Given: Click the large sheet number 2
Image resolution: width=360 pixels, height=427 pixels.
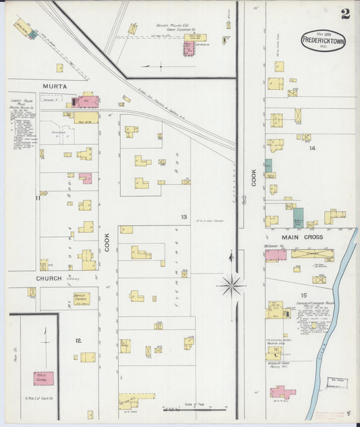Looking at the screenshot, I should coord(345,14).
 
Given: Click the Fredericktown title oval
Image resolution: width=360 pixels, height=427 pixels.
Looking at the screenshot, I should coord(324,41).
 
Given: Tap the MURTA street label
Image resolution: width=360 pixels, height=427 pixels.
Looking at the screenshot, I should coord(55,86).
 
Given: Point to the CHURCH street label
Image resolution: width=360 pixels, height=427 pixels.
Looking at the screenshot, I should coord(49,278).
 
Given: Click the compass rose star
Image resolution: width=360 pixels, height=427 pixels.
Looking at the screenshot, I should coord(231,285).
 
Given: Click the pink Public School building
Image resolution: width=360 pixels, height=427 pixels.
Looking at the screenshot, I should coord(44,378).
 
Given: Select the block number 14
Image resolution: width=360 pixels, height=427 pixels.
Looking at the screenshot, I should coord(312,148).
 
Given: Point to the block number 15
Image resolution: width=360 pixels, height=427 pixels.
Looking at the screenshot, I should coord(303,295).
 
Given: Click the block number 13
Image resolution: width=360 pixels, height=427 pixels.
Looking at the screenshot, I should coord(183,216).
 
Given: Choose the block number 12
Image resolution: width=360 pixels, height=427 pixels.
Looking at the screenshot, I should coord(78,340).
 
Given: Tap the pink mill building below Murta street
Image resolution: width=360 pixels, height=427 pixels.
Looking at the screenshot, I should coord(86,102).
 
